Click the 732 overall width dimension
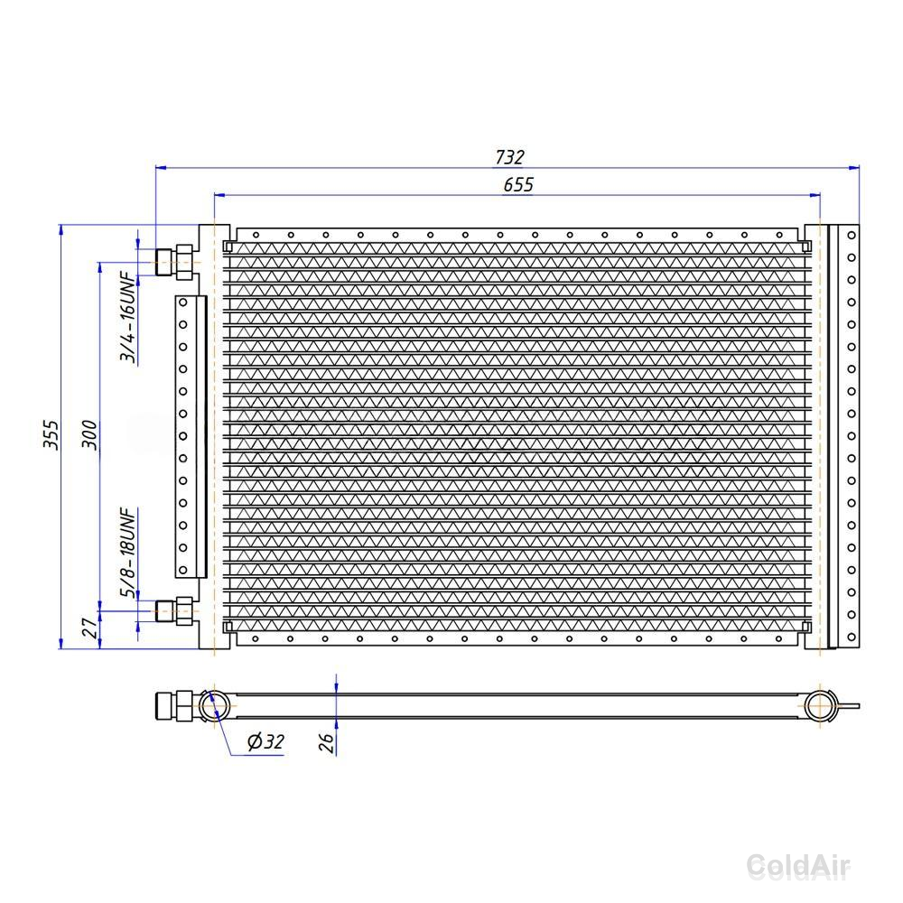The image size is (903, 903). point(509,156)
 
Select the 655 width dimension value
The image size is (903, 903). point(518,184)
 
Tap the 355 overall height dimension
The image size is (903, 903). point(51,435)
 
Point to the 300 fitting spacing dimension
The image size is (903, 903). point(89,435)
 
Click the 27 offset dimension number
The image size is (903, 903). point(89,628)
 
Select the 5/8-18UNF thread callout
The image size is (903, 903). point(128,553)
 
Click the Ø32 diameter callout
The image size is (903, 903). point(265,741)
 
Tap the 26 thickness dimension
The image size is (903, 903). point(327,742)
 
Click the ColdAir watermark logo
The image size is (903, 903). point(798,866)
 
